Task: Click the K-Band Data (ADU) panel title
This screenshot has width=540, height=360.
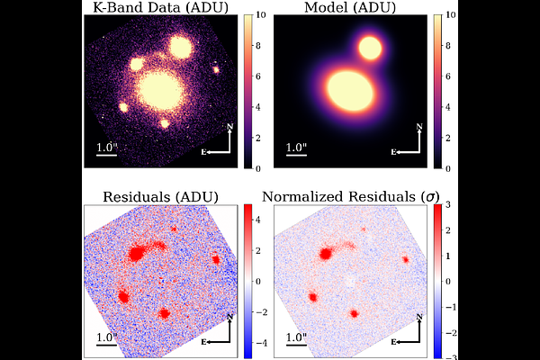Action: pos(160,8)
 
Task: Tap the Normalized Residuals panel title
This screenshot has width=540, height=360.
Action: pos(350,196)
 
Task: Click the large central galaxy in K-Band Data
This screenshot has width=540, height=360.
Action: pos(161,89)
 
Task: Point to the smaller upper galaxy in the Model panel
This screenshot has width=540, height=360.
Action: pos(370,48)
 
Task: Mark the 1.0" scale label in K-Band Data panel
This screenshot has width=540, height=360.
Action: pos(106,146)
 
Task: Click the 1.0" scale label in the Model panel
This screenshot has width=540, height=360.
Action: pos(296,146)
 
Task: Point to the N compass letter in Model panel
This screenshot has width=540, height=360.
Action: pos(420,126)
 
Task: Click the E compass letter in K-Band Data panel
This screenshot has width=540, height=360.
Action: pos(205,153)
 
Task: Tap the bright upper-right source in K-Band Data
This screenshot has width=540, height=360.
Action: pos(180,48)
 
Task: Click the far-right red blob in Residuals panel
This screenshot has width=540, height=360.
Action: pos(216,259)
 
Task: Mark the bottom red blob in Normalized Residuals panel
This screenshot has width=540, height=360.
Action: pos(355,313)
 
